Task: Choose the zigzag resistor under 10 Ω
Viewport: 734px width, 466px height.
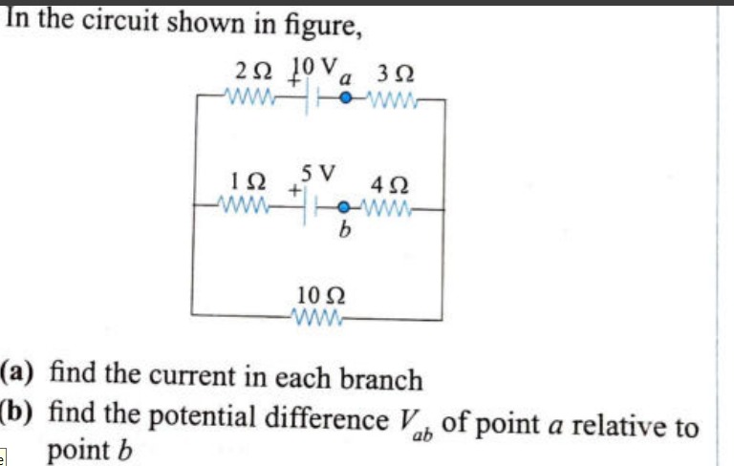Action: tap(316, 315)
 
